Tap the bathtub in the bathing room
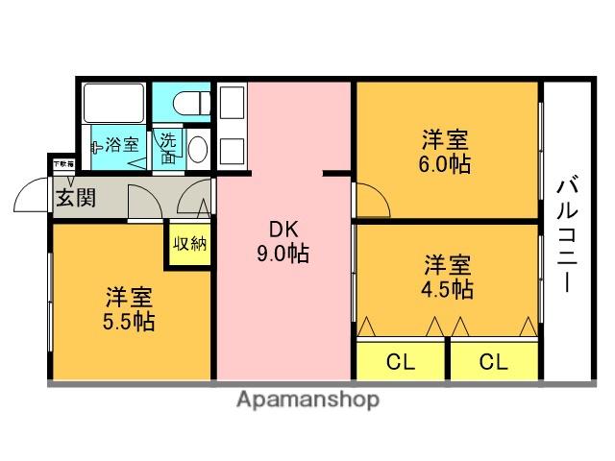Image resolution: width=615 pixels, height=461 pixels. (x=114, y=102)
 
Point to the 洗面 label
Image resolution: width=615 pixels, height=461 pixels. (x=169, y=147)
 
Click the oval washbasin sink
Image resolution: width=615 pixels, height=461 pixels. (x=197, y=149)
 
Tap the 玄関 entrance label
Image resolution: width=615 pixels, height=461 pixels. (x=74, y=199)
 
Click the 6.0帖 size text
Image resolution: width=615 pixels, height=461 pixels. (x=445, y=163)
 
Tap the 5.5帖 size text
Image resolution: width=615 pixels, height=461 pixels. (x=130, y=321)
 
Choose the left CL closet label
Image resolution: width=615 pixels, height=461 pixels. (x=400, y=362)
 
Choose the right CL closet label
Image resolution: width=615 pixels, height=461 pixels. (x=493, y=362)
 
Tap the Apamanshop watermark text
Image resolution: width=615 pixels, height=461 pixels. (x=307, y=400)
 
